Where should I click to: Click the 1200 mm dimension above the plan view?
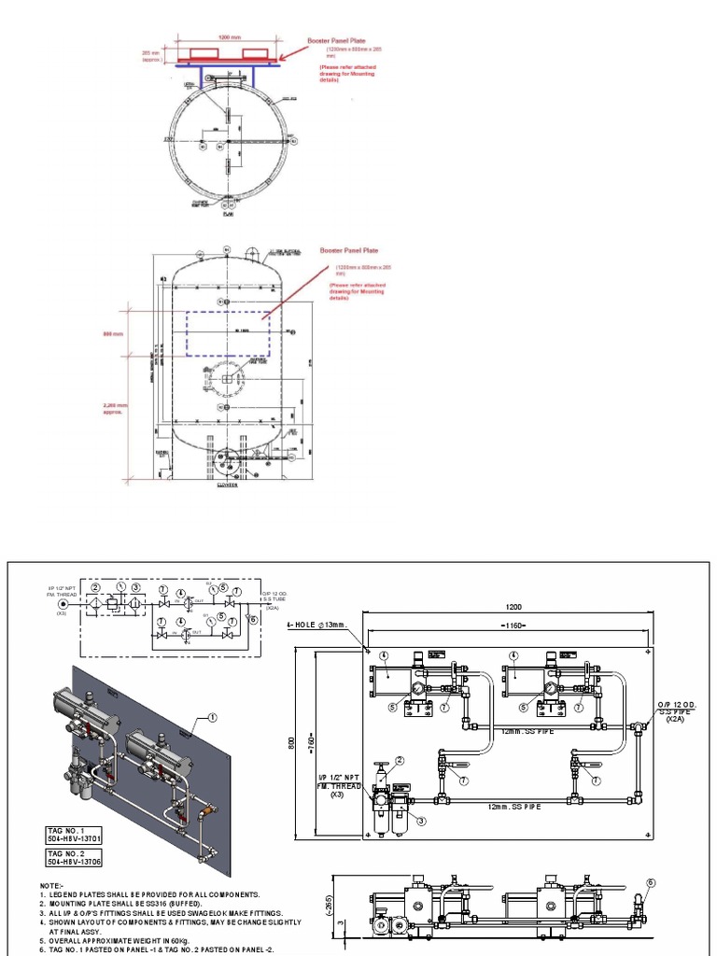point(229,37)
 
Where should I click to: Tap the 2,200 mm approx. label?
point(114,408)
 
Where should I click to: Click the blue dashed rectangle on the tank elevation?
point(228,332)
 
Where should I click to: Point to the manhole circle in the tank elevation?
point(225,379)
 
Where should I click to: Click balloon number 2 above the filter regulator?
point(400,761)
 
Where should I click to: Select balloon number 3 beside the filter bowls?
point(421,822)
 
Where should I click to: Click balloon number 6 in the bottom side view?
point(651,882)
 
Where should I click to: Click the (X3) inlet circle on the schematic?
point(62,603)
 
